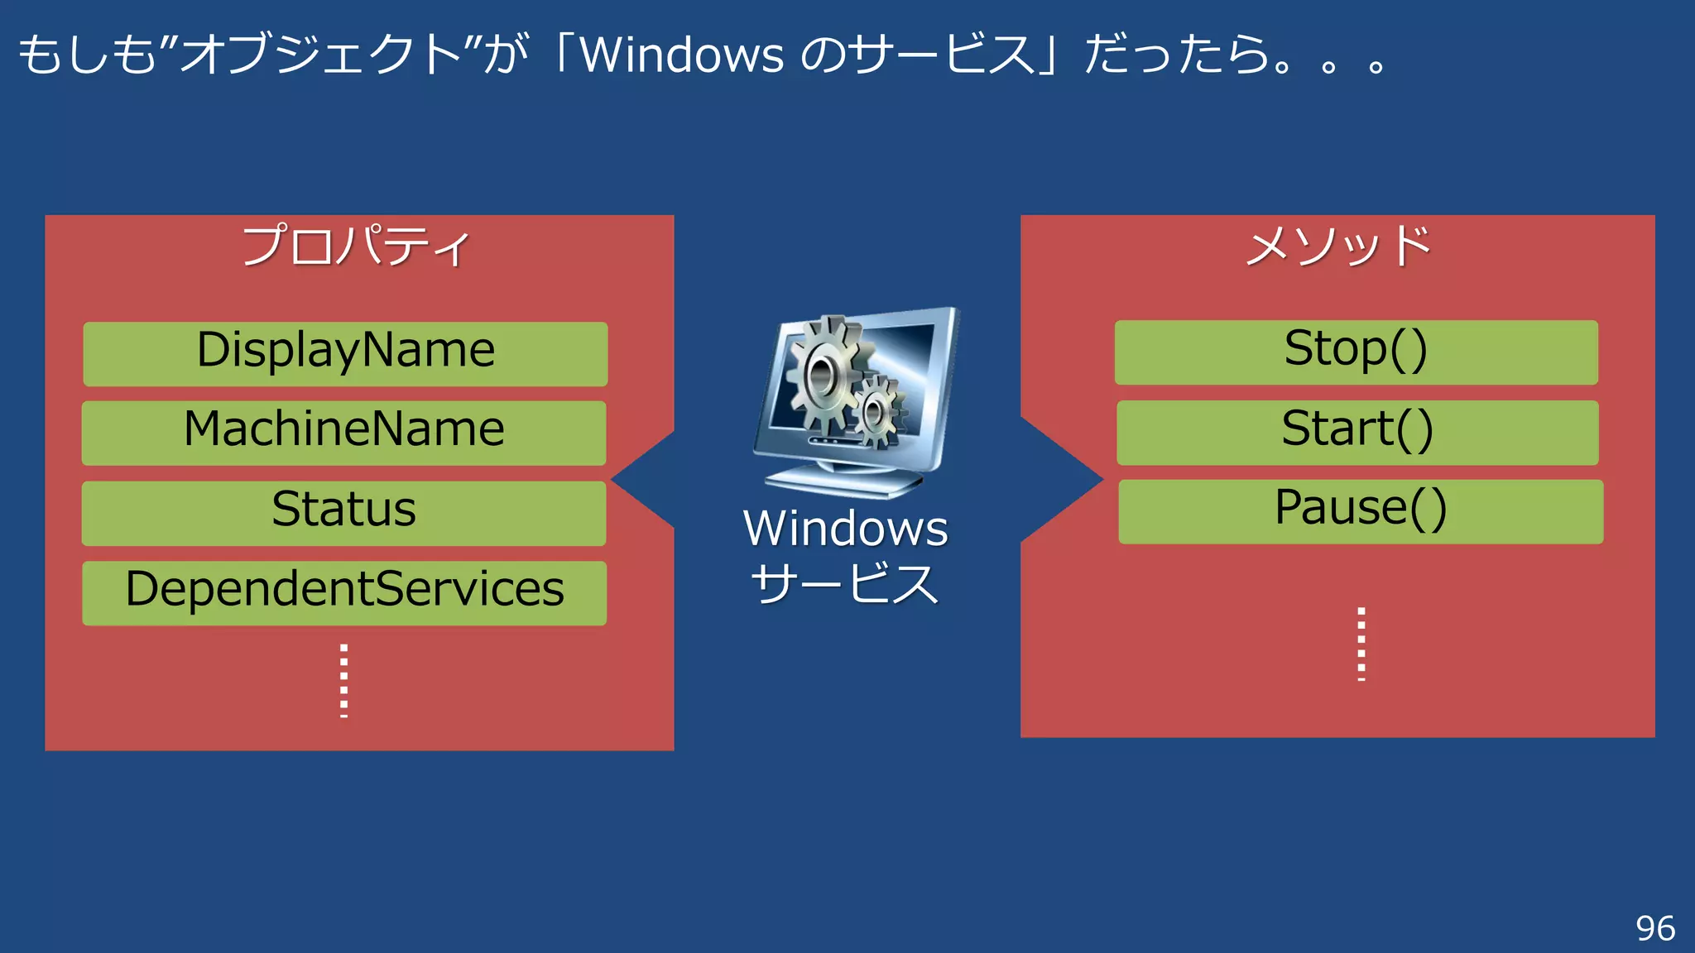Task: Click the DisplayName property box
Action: click(345, 353)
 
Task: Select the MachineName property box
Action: click(344, 433)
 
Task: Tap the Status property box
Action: click(344, 512)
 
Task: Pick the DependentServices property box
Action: click(344, 592)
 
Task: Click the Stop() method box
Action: click(1356, 352)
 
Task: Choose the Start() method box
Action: click(1357, 432)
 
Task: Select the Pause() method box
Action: click(1361, 511)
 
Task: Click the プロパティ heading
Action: click(356, 246)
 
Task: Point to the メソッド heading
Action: click(1338, 246)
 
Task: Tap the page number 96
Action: click(1655, 928)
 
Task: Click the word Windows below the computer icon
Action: click(845, 529)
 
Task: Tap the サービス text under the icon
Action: click(845, 584)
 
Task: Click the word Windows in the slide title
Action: click(681, 55)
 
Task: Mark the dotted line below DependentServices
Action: click(344, 680)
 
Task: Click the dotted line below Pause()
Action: click(1361, 644)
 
